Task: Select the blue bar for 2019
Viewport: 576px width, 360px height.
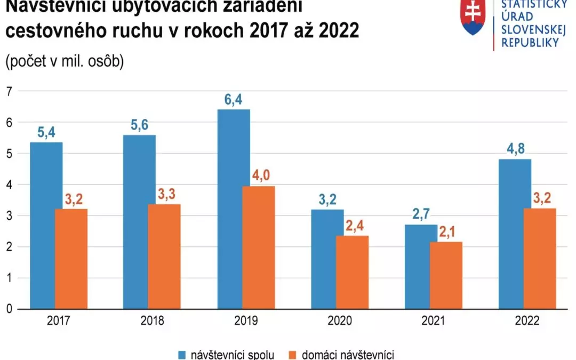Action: pyautogui.click(x=234, y=209)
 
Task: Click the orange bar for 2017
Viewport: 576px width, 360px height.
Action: pyautogui.click(x=71, y=259)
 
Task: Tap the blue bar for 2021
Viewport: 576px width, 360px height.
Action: pyautogui.click(x=421, y=267)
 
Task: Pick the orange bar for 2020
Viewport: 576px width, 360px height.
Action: pyautogui.click(x=352, y=272)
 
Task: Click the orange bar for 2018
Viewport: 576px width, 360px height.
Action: pyautogui.click(x=165, y=257)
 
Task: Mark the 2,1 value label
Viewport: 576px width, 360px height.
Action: pyautogui.click(x=446, y=233)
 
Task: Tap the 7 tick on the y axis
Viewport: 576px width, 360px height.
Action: pyautogui.click(x=9, y=92)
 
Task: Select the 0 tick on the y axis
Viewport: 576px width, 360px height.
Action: pyautogui.click(x=9, y=309)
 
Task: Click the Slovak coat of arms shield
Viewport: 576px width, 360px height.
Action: pyautogui.click(x=473, y=18)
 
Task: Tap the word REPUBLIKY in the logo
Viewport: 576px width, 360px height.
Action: pyautogui.click(x=530, y=43)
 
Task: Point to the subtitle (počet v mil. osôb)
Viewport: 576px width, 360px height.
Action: pyautogui.click(x=65, y=62)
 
